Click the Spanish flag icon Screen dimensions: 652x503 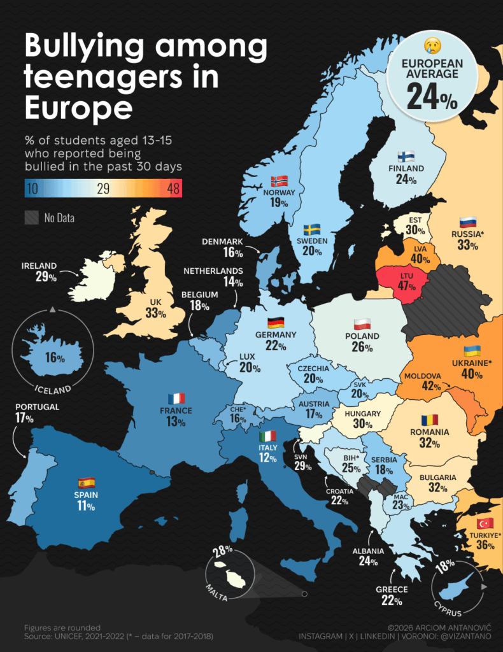coord(86,482)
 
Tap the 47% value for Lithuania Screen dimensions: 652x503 coord(407,287)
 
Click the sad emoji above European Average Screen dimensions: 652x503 coord(433,46)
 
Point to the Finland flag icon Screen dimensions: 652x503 coord(406,157)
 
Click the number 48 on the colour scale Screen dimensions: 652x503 coord(170,188)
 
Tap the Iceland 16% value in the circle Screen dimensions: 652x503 coord(55,358)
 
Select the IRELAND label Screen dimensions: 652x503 coord(39,266)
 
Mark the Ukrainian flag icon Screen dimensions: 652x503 coord(471,351)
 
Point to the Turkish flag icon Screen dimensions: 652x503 coord(485,523)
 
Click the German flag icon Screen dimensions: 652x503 coord(276,322)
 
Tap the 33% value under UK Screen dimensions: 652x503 coord(155,313)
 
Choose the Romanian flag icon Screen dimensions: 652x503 coord(430,420)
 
